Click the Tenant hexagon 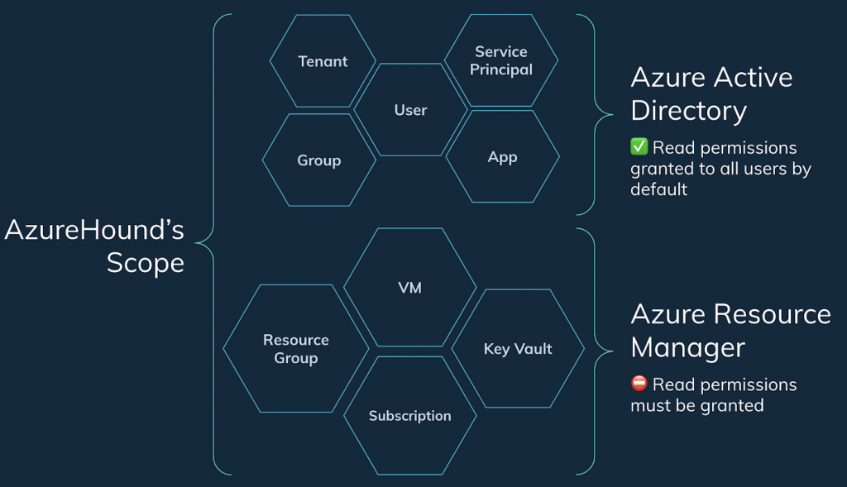(323, 61)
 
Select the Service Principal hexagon (501, 60)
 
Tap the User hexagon (410, 110)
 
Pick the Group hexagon (318, 160)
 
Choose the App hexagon (502, 157)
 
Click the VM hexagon (409, 288)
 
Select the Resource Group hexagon (296, 349)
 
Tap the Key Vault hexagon (518, 349)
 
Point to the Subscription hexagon (409, 416)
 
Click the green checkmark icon (639, 147)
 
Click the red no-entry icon (639, 384)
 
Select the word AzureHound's (94, 229)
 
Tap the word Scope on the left (145, 263)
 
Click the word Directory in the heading (688, 111)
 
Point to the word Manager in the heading (687, 348)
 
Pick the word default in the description (658, 189)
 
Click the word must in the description (650, 405)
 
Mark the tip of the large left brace (198, 243)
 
